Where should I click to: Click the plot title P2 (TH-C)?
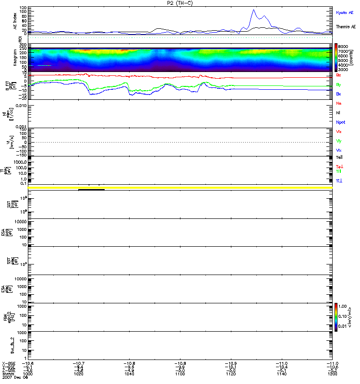(x=180, y=3)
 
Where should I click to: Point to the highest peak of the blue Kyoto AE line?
(x=253, y=10)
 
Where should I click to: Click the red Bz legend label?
(x=339, y=75)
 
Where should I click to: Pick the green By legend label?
(x=339, y=84)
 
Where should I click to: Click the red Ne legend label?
(x=339, y=103)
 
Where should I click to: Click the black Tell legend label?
(x=339, y=157)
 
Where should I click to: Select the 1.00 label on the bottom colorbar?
(x=345, y=306)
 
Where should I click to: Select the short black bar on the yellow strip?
(x=91, y=190)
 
